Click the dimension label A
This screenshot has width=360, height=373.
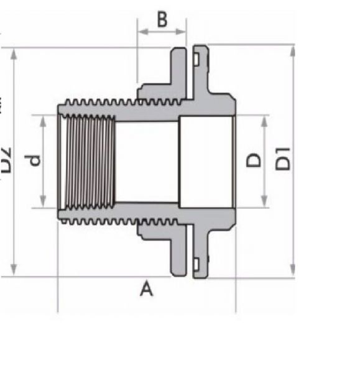tap(146, 288)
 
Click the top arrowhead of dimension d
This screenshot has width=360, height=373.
tap(44, 119)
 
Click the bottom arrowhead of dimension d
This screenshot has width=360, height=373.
tap(44, 203)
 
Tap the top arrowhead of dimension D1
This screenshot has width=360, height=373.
tap(292, 50)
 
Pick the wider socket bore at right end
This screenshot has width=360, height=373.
tap(206, 161)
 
